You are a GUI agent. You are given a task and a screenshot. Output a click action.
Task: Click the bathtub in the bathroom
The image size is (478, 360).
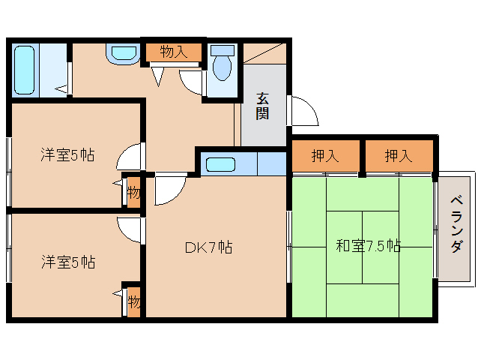tap(25, 70)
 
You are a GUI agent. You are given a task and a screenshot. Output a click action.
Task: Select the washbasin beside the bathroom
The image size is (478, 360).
tap(123, 54)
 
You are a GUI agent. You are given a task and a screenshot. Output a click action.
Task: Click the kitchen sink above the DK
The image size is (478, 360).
tap(220, 164)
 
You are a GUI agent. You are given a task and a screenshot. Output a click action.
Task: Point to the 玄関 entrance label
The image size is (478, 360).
tap(262, 106)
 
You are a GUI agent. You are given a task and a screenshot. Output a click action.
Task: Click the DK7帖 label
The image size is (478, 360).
tap(209, 247)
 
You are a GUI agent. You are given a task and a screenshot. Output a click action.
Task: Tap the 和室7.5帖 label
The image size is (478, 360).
tap(368, 245)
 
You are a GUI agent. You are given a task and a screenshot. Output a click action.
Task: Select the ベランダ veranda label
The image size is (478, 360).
tap(457, 225)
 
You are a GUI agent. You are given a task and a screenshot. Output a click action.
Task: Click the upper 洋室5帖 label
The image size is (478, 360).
tap(67, 154)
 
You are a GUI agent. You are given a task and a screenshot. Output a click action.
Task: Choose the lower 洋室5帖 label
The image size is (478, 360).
tap(68, 262)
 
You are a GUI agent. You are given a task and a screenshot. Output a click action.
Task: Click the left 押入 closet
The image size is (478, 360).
tap(325, 156)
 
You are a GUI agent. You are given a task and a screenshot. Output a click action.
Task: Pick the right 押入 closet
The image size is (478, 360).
tap(399, 156)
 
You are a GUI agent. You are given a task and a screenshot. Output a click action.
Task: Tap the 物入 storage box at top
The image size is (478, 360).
tap(174, 52)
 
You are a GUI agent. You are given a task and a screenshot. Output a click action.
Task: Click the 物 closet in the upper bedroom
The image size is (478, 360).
tap(133, 193)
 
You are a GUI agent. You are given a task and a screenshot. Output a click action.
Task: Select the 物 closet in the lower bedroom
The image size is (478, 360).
tap(133, 302)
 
